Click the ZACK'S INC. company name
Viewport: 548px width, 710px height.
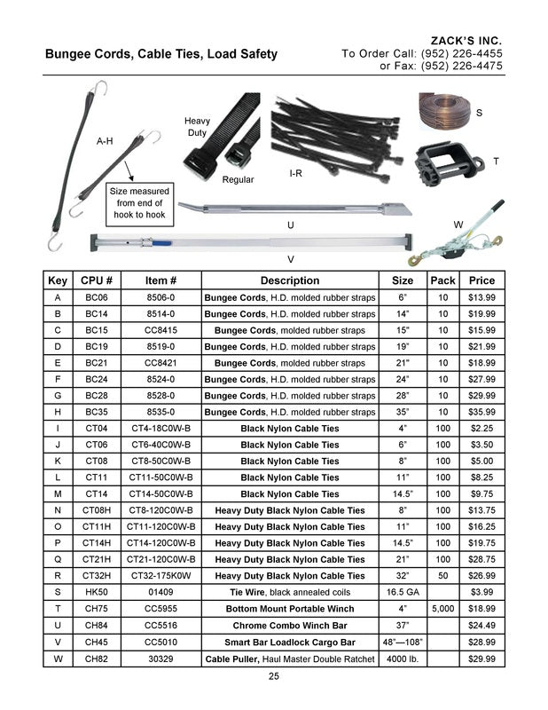(466, 41)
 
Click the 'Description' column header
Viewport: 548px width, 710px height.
(290, 280)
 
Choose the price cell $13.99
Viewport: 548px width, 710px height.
(481, 297)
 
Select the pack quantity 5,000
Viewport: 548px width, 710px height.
(442, 609)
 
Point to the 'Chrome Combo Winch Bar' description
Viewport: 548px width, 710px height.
(290, 625)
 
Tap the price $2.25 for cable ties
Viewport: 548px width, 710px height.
(481, 429)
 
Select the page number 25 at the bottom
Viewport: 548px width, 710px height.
(274, 678)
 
